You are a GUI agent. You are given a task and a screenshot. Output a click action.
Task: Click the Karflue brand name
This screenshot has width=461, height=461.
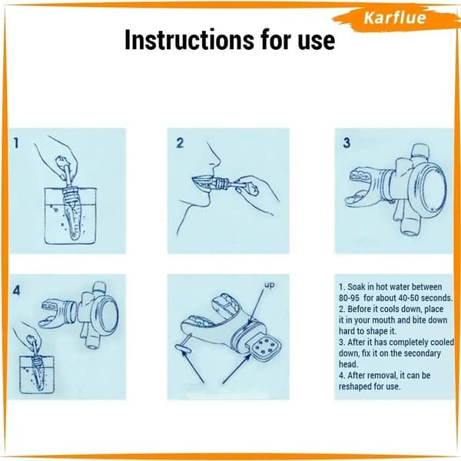coord(395,18)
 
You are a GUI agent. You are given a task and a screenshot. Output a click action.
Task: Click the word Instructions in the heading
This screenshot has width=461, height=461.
coord(189,40)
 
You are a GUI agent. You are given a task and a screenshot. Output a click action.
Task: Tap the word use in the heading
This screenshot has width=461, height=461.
coord(317,41)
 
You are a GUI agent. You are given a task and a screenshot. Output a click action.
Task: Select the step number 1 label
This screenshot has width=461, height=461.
coord(16,143)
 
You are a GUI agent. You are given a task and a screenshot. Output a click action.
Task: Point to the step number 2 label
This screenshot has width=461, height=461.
coord(180,143)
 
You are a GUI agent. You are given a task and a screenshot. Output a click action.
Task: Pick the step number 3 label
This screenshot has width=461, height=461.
coord(347,143)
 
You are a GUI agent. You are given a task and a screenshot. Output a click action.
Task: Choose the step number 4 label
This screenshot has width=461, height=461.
coord(17,290)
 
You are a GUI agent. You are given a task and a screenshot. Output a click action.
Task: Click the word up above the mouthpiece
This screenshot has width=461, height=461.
coord(269,285)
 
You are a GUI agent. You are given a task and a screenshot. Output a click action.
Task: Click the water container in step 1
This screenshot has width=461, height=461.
coord(71,216)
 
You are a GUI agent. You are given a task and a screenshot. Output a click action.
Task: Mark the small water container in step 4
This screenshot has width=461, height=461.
coord(37,375)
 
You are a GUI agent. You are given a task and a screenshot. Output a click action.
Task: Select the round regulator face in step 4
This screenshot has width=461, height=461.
coord(107,313)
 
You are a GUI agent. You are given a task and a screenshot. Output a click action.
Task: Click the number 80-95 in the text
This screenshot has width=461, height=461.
coord(349,298)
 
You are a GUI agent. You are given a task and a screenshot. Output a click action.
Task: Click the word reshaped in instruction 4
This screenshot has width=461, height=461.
coord(357,386)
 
